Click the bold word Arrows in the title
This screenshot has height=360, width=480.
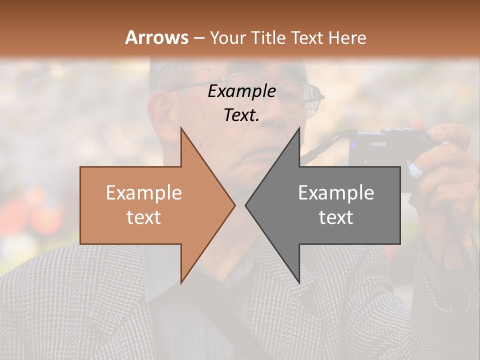pyautogui.click(x=156, y=37)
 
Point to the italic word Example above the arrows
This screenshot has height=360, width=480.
pyautogui.click(x=241, y=91)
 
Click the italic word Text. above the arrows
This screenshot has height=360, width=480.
pyautogui.click(x=241, y=115)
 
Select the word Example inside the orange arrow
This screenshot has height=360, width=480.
pyautogui.click(x=143, y=193)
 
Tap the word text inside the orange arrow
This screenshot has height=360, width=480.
pyautogui.click(x=143, y=217)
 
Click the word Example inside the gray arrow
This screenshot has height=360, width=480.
pyautogui.click(x=336, y=193)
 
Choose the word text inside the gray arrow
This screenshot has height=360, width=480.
pyautogui.click(x=336, y=217)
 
